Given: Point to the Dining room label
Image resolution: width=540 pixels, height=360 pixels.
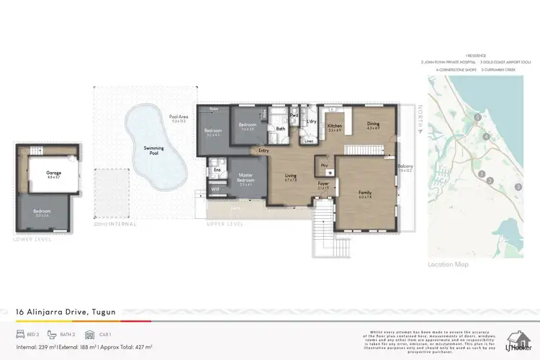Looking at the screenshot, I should (372, 124).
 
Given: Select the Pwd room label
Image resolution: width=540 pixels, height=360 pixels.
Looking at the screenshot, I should (294, 115).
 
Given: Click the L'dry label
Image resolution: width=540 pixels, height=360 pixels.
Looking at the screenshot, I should (312, 122).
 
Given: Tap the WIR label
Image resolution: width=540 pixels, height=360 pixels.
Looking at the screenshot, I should (215, 189).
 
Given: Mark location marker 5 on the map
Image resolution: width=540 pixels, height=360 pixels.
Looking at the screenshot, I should (477, 117).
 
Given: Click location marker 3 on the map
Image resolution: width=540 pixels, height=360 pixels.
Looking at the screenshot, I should (517, 187).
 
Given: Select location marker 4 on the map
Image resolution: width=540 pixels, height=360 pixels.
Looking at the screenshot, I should (486, 136).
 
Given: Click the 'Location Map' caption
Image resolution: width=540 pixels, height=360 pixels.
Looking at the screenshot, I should (448, 265).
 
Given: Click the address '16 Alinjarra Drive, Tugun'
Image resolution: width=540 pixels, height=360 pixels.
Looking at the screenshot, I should (66, 312).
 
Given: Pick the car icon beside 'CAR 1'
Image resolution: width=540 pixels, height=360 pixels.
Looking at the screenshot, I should (90, 335).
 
